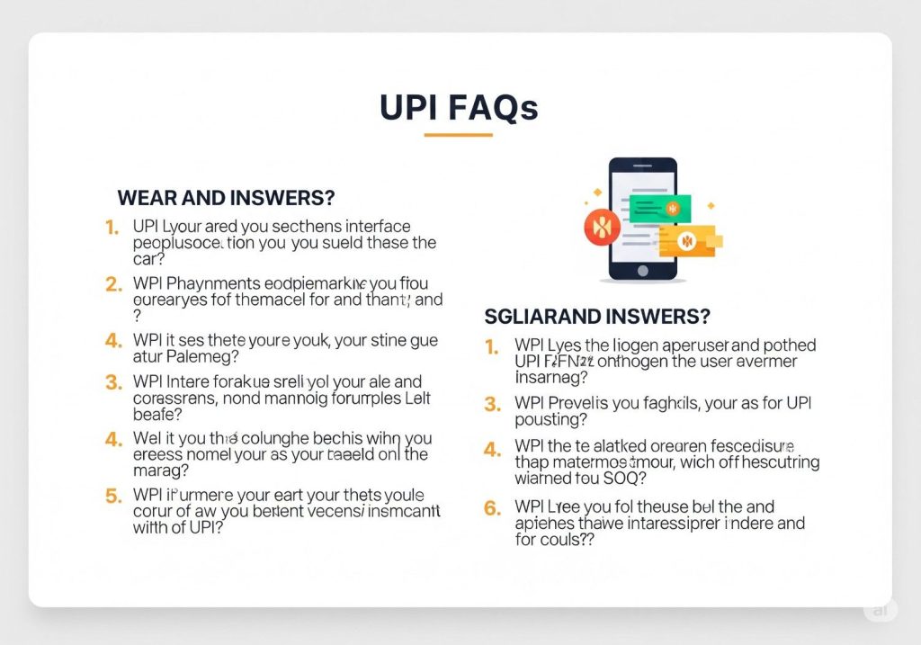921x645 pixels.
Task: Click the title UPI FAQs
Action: point(459,107)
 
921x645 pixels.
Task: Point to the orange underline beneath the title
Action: point(459,135)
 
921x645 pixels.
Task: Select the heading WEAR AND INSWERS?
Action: point(226,197)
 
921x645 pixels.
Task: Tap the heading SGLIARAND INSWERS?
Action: point(597,316)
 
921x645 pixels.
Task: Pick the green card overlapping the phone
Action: point(660,209)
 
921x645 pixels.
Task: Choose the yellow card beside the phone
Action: point(687,240)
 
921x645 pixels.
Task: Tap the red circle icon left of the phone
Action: point(602,228)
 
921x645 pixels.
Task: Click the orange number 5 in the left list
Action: point(113,496)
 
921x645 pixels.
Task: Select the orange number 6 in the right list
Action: point(492,507)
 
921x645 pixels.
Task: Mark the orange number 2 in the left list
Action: point(113,284)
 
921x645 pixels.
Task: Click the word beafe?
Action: point(157,414)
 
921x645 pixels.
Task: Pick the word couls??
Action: point(570,540)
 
